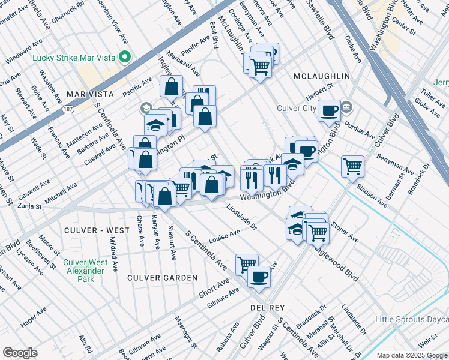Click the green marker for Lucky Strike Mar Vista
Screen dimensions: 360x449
tap(125, 58)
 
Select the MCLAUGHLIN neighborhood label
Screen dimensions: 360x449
tap(321, 76)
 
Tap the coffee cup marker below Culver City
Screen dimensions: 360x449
tap(329, 110)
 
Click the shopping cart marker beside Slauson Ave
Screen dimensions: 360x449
tap(353, 166)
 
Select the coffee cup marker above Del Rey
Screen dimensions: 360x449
tap(259, 277)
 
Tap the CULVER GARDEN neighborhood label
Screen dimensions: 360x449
tap(162, 278)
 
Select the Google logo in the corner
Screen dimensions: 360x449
tap(20, 352)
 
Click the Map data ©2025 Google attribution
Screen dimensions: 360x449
tap(412, 355)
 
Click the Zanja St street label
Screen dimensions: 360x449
tap(29, 206)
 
